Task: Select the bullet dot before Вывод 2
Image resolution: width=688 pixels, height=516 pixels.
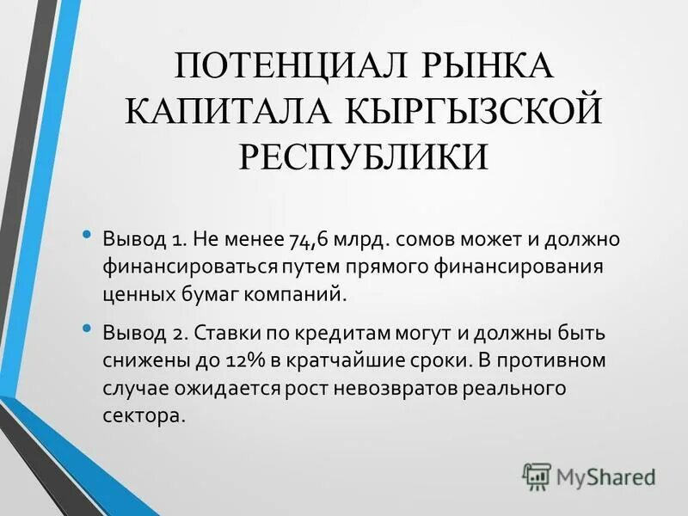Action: coord(85,329)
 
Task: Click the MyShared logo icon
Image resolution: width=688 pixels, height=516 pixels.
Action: coord(537,476)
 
